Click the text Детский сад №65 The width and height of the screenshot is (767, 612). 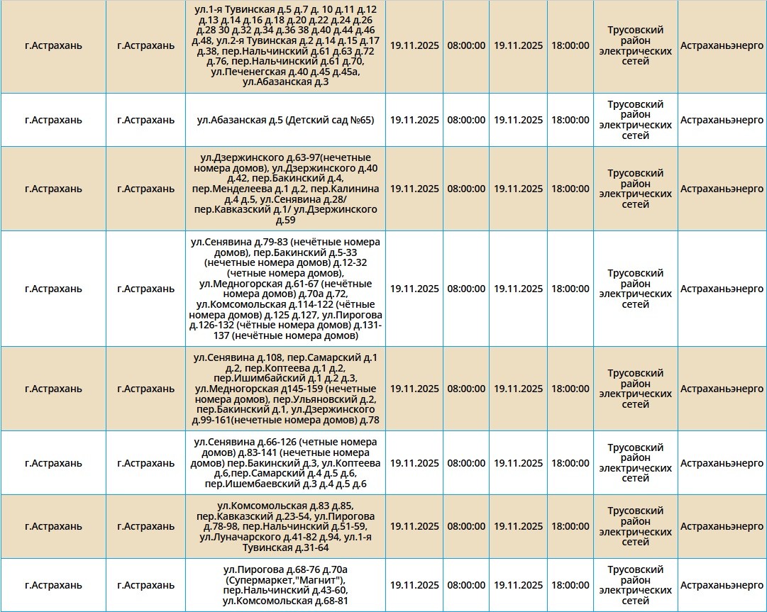(x=330, y=120)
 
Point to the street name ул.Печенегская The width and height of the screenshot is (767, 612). (x=249, y=72)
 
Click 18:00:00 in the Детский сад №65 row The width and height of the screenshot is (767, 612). (x=570, y=120)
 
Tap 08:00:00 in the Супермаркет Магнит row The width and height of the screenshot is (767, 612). (x=466, y=586)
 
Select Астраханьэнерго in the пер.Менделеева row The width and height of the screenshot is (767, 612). (x=722, y=189)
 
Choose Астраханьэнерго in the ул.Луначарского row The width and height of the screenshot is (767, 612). (x=722, y=527)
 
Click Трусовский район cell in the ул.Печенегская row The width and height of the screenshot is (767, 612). (x=635, y=46)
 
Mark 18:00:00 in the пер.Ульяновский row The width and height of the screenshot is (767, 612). (x=570, y=389)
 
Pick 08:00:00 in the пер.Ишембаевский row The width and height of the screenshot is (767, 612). (x=466, y=463)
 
